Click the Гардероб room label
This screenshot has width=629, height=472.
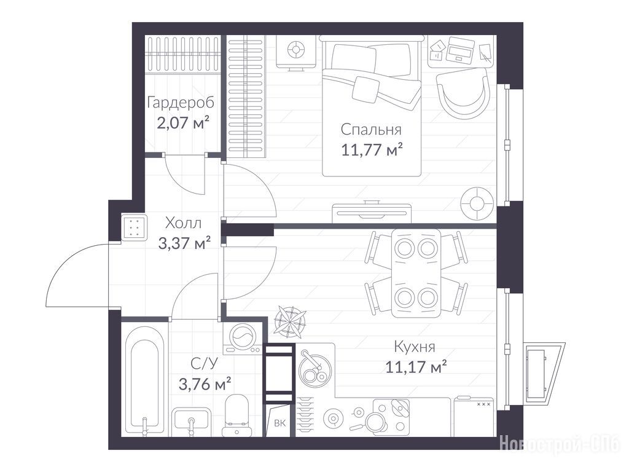(181, 103)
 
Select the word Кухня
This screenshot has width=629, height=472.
(415, 347)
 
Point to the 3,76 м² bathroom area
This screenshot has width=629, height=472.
(205, 385)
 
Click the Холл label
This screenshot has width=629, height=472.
(183, 222)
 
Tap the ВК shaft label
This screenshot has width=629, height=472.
(280, 423)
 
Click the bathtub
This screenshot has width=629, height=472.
(144, 380)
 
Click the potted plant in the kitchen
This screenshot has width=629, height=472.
(290, 320)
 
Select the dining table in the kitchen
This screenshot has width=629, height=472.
(416, 273)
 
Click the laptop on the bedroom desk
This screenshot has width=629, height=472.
(460, 49)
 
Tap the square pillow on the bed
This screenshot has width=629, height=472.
(365, 89)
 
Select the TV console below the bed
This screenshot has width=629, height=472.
(372, 212)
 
